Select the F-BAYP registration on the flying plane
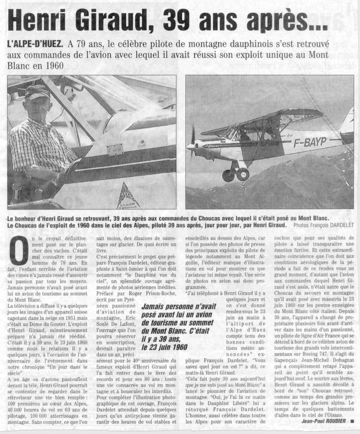310,142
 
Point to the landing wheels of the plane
235,175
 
